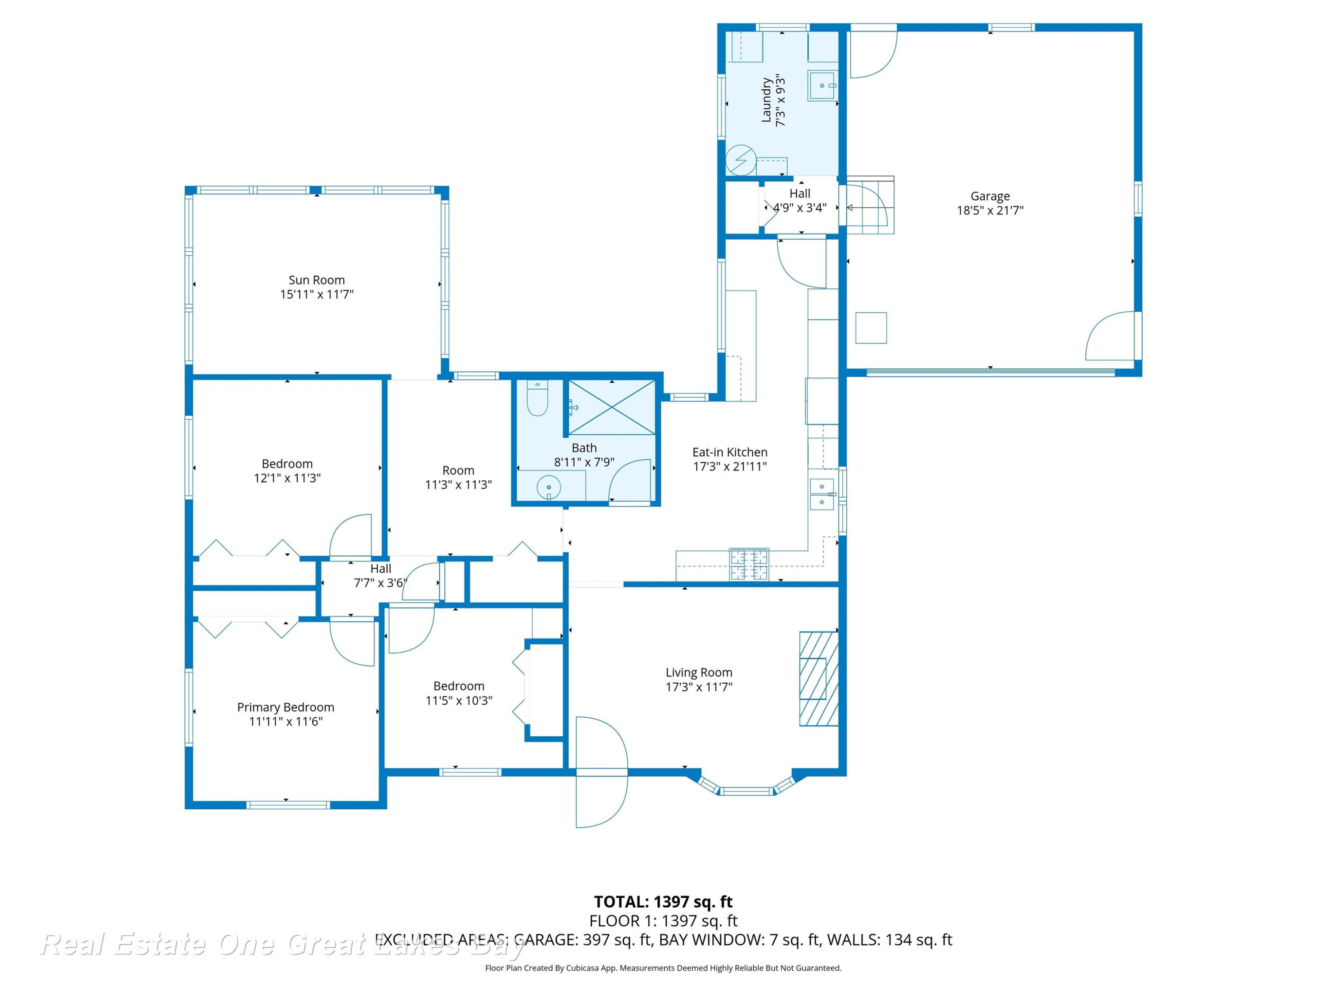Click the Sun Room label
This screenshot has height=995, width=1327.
317,280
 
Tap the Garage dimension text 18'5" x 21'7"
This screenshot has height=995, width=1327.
990,210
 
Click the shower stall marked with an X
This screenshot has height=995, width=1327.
611,407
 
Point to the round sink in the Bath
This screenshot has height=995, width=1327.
548,487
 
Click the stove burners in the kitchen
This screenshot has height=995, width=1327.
749,564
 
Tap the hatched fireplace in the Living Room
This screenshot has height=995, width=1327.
818,678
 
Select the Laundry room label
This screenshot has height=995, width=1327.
766,100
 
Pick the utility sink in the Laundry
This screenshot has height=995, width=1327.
822,86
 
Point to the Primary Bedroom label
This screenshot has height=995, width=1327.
286,708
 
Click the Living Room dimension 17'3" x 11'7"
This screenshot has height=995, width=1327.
699,687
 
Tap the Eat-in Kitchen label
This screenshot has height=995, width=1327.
729,452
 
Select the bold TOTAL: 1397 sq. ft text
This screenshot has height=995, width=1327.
663,902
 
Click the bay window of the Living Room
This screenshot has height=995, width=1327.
746,786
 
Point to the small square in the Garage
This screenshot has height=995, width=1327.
871,328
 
